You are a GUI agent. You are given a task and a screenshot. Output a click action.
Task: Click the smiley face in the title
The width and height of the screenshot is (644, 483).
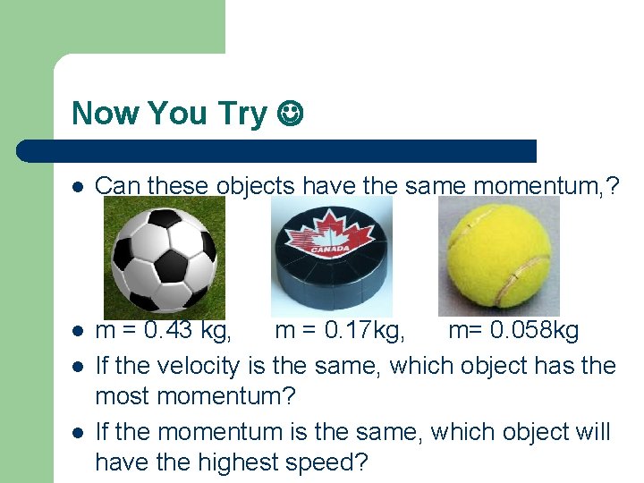click(290, 114)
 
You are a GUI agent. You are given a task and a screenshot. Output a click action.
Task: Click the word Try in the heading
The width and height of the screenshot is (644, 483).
click(241, 114)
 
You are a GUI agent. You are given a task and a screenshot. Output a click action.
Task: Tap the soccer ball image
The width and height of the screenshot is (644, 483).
click(161, 258)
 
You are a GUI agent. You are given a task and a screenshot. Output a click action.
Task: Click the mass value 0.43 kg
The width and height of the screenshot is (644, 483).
click(188, 331)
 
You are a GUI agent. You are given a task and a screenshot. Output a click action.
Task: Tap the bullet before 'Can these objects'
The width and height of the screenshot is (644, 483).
click(78, 186)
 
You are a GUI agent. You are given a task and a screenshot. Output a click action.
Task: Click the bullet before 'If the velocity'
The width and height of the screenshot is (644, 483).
click(78, 366)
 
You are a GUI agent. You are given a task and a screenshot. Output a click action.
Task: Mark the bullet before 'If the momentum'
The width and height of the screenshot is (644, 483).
click(78, 432)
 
